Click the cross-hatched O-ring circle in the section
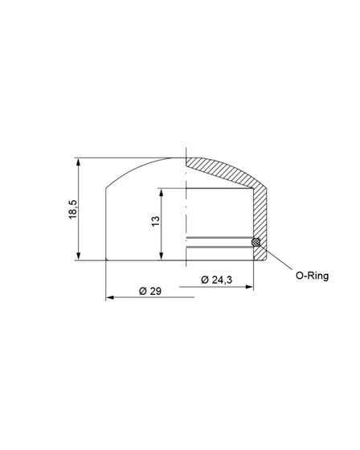pos(256,242)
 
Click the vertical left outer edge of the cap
pos(106,225)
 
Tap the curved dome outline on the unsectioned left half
pos(137,168)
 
